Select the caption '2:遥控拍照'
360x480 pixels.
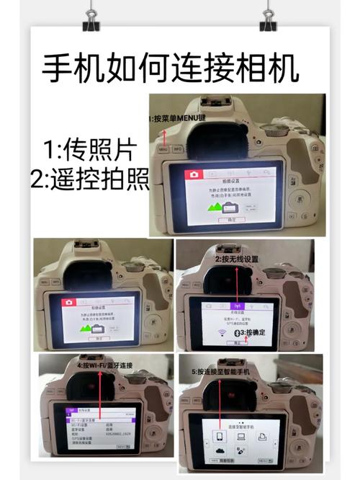click(x=88, y=178)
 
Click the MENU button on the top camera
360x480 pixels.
click(x=163, y=150)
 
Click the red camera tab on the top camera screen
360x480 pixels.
click(x=194, y=174)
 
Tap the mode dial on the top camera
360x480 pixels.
click(x=272, y=130)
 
